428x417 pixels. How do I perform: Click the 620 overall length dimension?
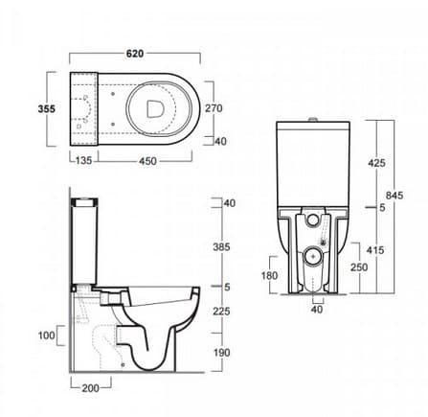[135, 54]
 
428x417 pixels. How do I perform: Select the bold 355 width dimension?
[47, 109]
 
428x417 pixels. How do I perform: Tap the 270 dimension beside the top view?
[214, 108]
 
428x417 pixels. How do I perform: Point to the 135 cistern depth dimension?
[83, 160]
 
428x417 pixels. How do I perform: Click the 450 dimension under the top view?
[148, 161]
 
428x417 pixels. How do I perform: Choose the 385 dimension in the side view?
[221, 247]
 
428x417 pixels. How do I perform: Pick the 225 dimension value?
[221, 311]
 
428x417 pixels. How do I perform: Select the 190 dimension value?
[221, 353]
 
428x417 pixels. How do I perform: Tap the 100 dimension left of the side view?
[47, 336]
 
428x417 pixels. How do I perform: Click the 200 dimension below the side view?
[91, 388]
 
